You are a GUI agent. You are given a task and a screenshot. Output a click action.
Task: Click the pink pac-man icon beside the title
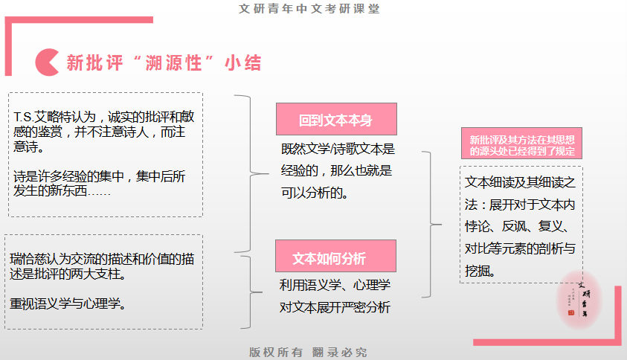tap(47, 61)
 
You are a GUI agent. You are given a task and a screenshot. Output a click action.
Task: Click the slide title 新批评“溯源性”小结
tap(164, 62)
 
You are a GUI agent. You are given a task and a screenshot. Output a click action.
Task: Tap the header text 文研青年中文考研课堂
tap(314, 9)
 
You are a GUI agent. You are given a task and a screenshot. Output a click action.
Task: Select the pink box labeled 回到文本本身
tap(336, 119)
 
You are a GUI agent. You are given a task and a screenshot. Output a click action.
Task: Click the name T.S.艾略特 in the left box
tap(37, 117)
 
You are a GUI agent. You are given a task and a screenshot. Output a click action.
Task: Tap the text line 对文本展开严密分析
tap(335, 306)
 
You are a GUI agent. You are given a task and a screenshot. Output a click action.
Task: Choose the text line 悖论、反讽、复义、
tap(517, 226)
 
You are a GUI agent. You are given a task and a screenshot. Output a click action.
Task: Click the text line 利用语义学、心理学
tap(335, 285)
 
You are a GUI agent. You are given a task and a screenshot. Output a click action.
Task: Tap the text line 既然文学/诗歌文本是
tap(338, 150)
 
